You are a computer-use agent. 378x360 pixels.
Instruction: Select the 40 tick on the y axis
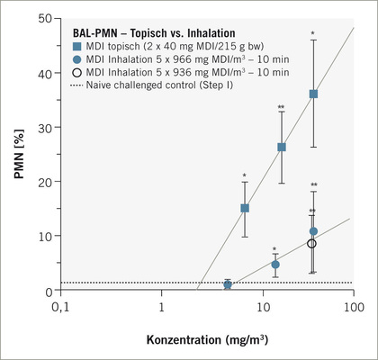tap(47, 73)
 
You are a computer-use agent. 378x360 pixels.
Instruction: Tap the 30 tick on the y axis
tap(47, 128)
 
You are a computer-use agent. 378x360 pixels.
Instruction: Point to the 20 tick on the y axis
tap(47, 183)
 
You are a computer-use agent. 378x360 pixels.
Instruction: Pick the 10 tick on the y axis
tap(47, 238)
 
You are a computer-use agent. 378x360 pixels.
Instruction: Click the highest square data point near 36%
tap(313, 94)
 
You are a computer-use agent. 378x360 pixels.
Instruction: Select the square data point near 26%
tap(282, 148)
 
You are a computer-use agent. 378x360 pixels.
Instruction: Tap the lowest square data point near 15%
tap(245, 208)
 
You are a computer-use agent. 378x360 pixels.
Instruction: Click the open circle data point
tap(312, 244)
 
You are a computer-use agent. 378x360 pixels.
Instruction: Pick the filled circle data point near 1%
tap(228, 284)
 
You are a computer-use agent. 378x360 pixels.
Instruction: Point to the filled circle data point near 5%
tap(275, 265)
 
